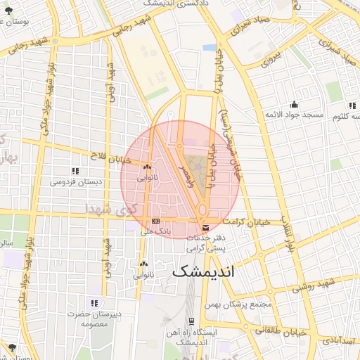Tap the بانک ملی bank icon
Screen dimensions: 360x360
coord(155,221)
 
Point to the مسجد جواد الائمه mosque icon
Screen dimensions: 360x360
coord(293,105)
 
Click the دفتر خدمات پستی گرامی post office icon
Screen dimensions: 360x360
coord(205,227)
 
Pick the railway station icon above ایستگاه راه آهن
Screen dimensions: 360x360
coord(191,321)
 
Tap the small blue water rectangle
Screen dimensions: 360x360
coord(210,47)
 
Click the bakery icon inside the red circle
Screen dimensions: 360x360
coord(147,167)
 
